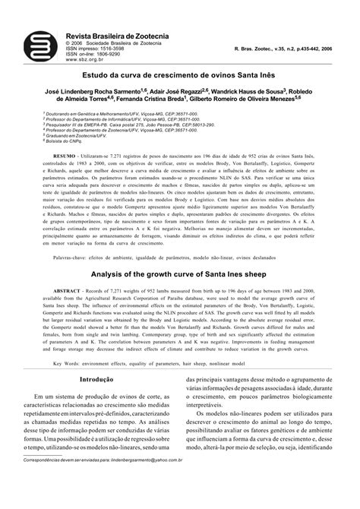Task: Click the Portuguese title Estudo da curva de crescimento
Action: click(180, 76)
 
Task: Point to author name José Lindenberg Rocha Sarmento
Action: click(99, 90)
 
